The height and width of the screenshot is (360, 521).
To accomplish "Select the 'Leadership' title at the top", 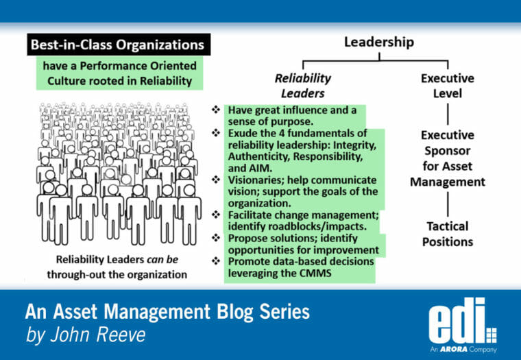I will pyautogui.click(x=378, y=43).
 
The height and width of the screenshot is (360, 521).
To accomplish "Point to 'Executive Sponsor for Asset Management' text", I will pyautogui.click(x=447, y=158).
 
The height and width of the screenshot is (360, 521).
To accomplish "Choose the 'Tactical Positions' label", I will pyautogui.click(x=447, y=234).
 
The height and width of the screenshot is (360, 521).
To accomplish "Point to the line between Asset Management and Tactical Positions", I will pyautogui.click(x=447, y=204).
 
